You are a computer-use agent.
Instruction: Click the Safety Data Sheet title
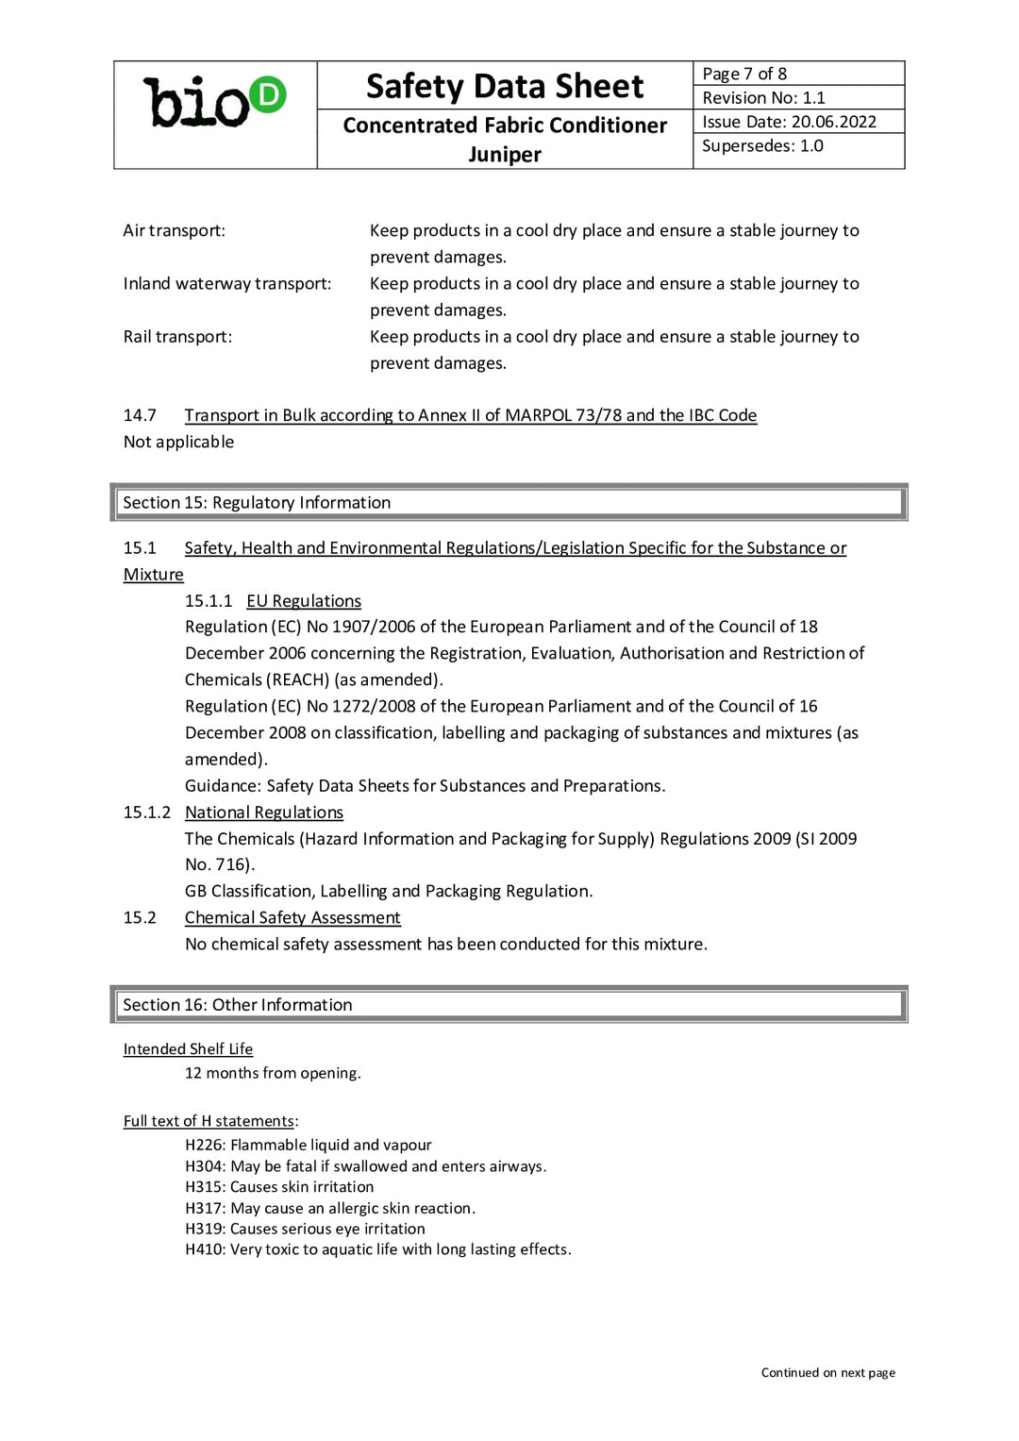[x=505, y=87]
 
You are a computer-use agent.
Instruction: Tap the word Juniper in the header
[x=505, y=155]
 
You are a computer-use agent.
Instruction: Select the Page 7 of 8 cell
[x=744, y=74]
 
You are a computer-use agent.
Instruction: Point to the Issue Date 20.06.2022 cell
[x=789, y=122]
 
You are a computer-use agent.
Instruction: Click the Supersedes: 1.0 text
[x=762, y=146]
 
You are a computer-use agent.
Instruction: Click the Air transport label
[x=174, y=230]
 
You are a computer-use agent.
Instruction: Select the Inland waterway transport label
[x=226, y=283]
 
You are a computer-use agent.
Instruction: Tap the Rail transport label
[x=177, y=337]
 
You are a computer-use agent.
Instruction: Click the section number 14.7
[x=140, y=415]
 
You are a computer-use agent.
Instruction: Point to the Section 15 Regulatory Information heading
[x=257, y=503]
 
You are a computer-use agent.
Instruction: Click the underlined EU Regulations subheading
[x=304, y=601]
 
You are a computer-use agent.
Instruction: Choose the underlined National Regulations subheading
[x=264, y=813]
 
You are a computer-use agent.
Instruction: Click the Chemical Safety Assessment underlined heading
[x=292, y=918]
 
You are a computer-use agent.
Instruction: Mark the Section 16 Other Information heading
[x=238, y=1005]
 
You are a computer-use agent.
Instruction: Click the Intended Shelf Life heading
[x=188, y=1049]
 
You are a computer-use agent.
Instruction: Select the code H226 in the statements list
[x=204, y=1146]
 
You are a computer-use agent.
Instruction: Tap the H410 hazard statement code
[x=204, y=1249]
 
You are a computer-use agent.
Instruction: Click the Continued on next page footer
[x=827, y=1373]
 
